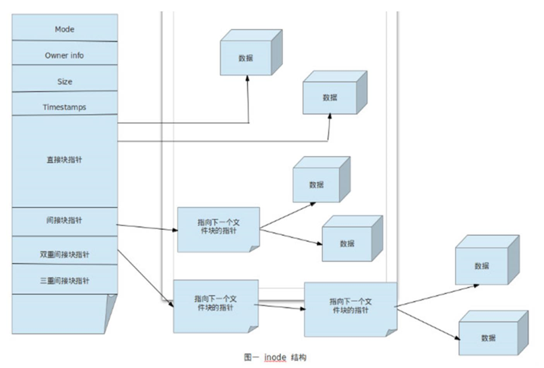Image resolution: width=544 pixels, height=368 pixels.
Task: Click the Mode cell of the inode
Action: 64,28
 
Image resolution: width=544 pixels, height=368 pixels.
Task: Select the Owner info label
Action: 64,55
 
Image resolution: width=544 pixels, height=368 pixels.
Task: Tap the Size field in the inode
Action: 64,82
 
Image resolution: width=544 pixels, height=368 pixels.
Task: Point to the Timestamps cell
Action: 64,108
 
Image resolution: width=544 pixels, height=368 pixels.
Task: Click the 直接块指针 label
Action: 64,159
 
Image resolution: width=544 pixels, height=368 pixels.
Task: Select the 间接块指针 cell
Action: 64,221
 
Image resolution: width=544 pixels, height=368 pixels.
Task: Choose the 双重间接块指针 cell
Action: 64,254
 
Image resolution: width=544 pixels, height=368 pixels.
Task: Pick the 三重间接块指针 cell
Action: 64,281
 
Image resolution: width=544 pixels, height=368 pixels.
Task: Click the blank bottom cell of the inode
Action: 58,313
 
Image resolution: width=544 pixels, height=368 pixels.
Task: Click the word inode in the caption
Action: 275,358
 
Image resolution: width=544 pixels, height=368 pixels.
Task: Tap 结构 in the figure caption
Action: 299,358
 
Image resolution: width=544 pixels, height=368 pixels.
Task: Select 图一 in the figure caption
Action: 251,358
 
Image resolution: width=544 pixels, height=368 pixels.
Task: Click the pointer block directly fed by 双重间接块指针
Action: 215,304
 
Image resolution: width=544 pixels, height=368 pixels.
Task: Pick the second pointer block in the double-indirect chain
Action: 350,307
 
